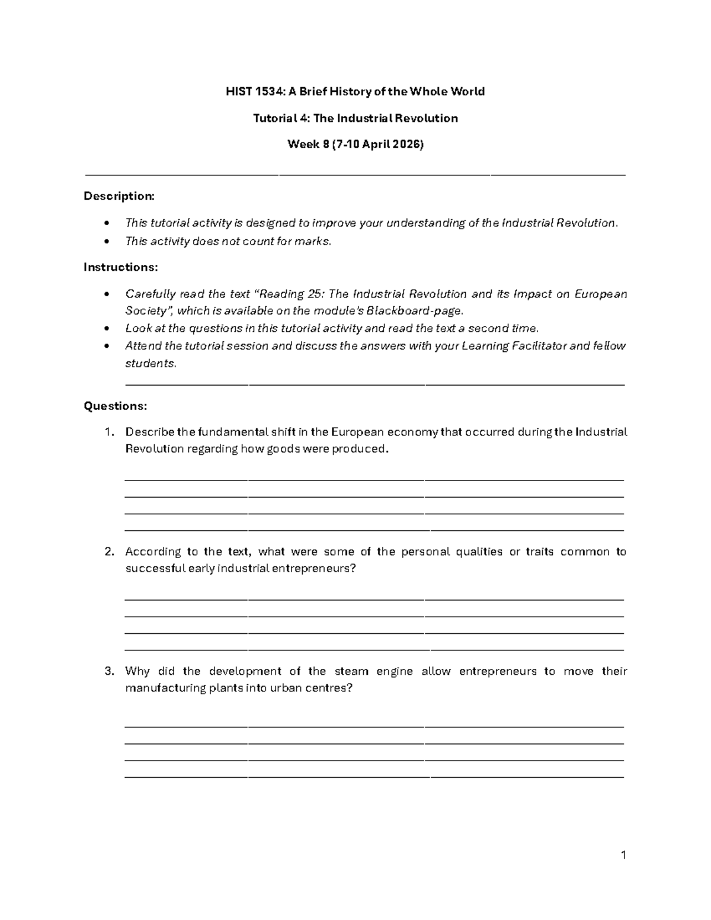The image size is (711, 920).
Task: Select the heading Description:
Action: click(119, 196)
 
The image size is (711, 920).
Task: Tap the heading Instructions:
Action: click(121, 267)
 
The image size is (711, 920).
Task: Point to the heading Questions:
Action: click(116, 406)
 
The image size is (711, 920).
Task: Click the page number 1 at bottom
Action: click(623, 855)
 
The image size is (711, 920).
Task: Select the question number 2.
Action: click(108, 552)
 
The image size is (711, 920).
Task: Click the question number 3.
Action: click(108, 671)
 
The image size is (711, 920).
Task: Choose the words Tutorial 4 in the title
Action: click(281, 118)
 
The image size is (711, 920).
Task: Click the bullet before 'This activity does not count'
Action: click(106, 241)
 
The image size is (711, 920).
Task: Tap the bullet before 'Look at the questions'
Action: click(106, 329)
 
